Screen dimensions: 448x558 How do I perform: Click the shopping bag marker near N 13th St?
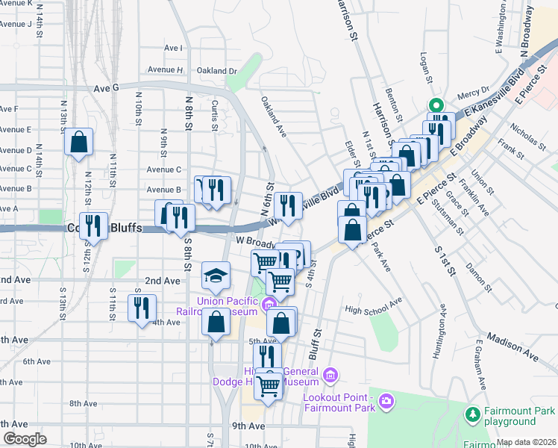tap(78, 142)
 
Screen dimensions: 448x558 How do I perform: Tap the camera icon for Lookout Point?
tap(386, 402)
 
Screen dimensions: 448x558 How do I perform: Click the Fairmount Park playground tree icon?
tap(472, 413)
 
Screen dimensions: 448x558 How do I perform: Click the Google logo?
tap(25, 439)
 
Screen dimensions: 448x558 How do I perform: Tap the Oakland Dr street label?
tap(216, 71)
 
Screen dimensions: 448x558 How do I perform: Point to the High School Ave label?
tap(373, 308)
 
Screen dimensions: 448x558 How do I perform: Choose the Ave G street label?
tap(106, 88)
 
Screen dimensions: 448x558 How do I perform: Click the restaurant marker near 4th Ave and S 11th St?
tap(141, 307)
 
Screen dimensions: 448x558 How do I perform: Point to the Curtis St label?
tap(214, 111)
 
